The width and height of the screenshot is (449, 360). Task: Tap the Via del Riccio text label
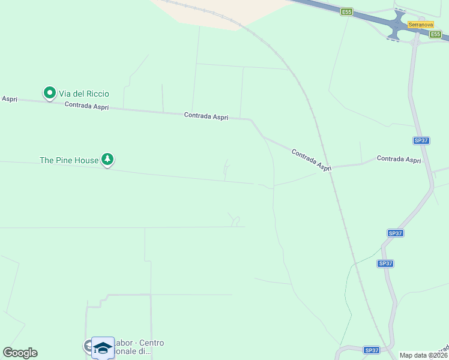84,94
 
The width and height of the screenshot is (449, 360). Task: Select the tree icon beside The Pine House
107,159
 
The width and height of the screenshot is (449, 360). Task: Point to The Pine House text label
68,160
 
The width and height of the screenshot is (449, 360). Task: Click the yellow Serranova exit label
420,25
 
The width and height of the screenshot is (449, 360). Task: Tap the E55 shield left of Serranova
346,11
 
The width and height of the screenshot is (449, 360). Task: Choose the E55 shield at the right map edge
435,34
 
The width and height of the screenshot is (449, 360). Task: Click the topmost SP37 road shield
421,140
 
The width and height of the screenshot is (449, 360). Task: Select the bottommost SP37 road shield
372,350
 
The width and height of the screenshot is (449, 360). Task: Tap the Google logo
20,353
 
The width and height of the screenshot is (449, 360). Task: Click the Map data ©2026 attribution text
423,355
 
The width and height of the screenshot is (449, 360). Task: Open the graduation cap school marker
103,348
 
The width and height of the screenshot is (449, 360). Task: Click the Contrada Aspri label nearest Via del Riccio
86,106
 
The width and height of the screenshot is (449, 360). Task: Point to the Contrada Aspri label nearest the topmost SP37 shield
399,159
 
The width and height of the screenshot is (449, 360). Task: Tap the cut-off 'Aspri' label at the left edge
8,99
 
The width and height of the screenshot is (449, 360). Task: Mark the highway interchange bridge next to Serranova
397,26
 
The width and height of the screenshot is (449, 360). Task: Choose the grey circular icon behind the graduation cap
88,345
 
